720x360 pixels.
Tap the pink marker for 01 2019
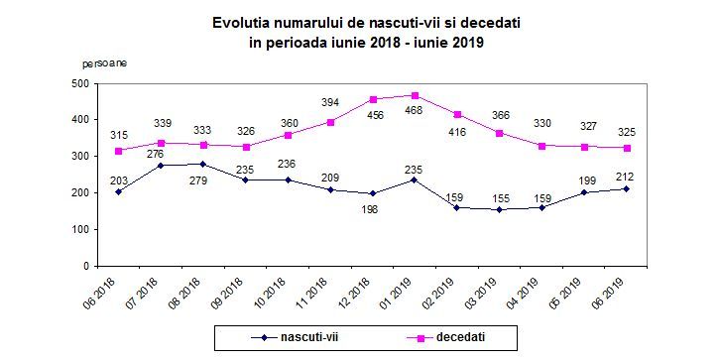coord(416,96)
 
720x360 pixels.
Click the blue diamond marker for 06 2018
coord(119,191)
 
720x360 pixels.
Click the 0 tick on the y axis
coord(87,266)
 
